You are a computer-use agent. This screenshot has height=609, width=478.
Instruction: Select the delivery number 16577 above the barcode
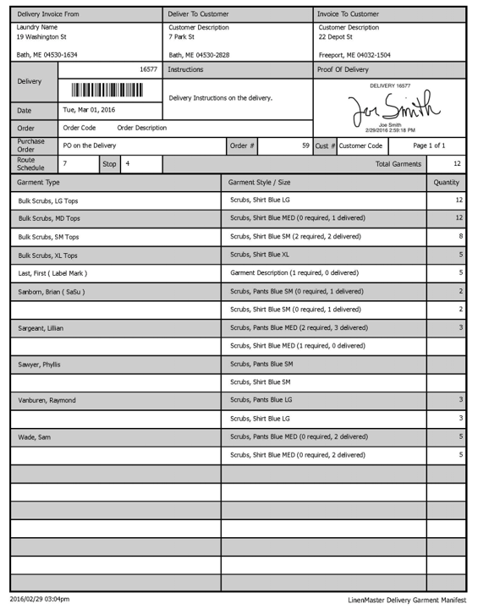pos(148,69)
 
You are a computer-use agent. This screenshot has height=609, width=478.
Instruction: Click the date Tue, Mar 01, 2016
pos(89,110)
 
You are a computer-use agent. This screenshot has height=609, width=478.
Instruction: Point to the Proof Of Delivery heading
pos(343,69)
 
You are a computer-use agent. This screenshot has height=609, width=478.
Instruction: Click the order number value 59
pos(305,145)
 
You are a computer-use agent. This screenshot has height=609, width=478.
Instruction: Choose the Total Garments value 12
pos(457,163)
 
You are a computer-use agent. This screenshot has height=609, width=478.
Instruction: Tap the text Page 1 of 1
pos(429,145)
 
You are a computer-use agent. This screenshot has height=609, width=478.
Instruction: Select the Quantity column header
pos(446,182)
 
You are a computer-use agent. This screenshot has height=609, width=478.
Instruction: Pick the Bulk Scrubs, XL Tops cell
pos(47,255)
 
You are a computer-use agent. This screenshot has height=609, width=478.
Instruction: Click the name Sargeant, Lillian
pos(41,328)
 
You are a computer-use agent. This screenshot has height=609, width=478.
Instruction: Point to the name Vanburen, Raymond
pos(47,400)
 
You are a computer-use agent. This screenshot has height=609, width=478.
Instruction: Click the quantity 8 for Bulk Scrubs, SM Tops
pos(460,236)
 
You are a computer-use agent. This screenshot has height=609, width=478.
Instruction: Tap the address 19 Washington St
pos(41,37)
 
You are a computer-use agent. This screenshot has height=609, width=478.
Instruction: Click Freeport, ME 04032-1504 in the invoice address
pos(354,55)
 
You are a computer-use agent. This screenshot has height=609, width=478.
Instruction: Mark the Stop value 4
pos(127,162)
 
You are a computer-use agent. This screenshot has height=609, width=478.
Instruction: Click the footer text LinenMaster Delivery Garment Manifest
pos(406,600)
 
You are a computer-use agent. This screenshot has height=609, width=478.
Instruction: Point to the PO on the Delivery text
pos(90,145)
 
